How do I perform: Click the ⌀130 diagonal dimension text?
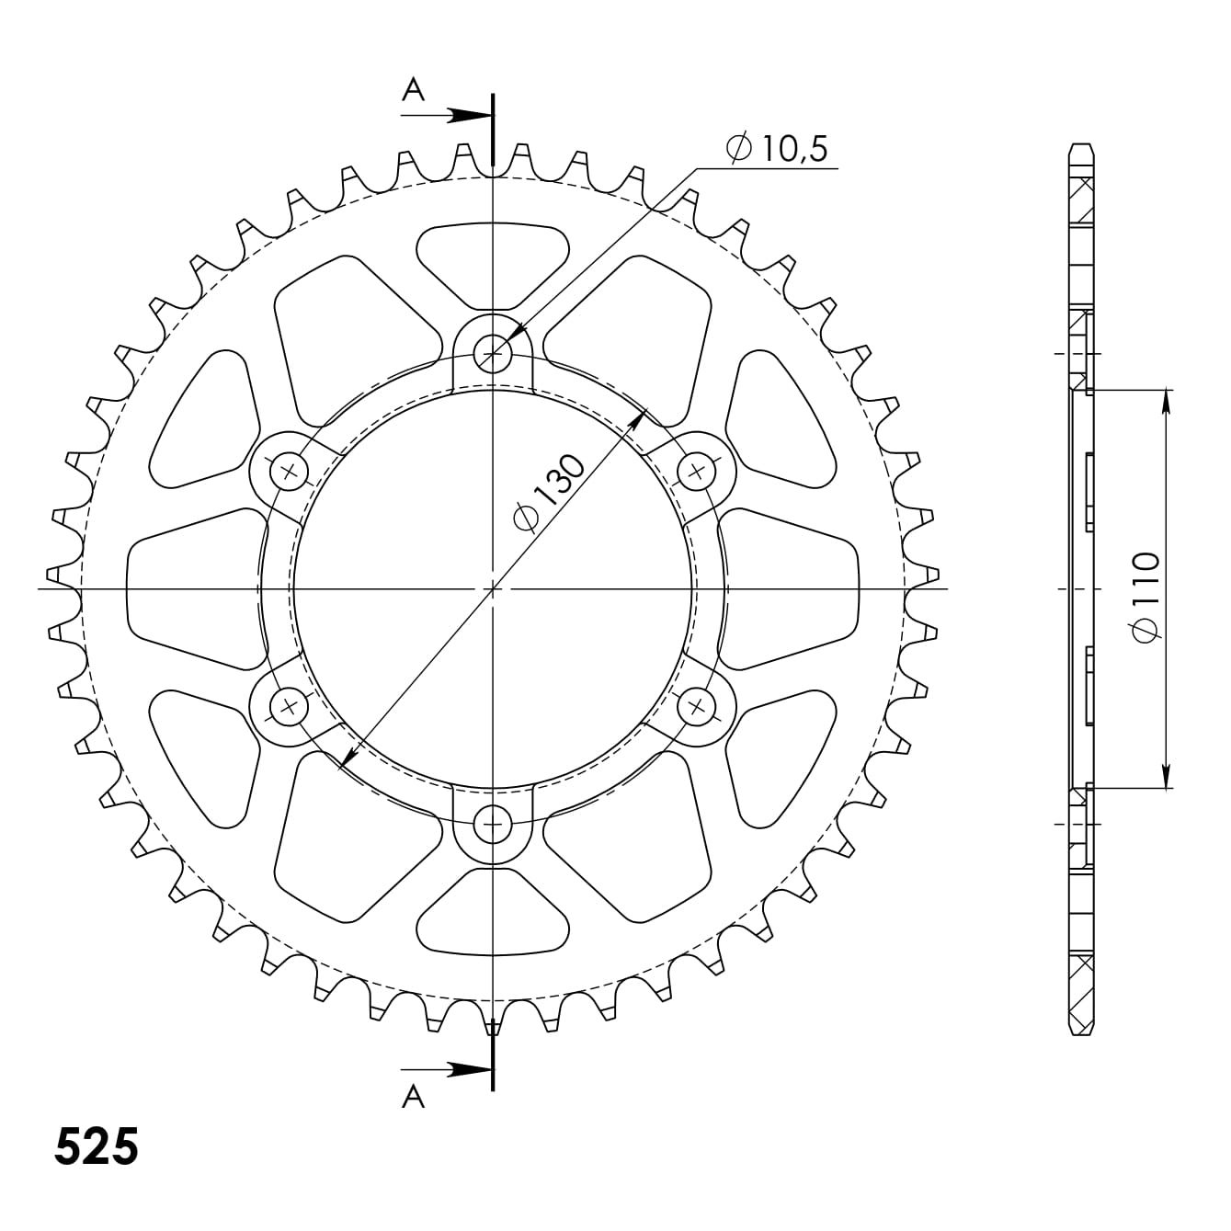[x=549, y=492]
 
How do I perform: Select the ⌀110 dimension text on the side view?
[x=1146, y=598]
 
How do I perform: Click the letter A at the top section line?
[x=414, y=89]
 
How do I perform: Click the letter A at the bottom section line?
[x=414, y=1096]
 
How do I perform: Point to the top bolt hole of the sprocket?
[x=495, y=352]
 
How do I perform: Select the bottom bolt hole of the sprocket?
[x=495, y=824]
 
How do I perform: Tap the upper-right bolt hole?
[x=698, y=472]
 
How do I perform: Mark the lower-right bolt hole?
[x=698, y=706]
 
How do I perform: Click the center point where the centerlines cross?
[x=494, y=587]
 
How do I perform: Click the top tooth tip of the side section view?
[x=1082, y=147]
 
